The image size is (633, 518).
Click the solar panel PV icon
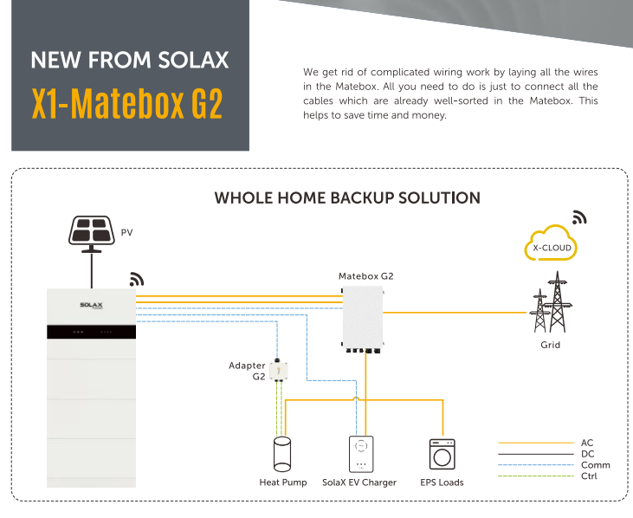point(91,231)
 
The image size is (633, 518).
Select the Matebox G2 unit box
point(368,314)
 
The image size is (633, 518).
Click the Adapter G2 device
point(279,371)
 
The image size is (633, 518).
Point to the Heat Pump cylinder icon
point(282,454)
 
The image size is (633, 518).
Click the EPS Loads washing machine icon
point(442,454)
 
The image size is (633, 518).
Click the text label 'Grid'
point(550,345)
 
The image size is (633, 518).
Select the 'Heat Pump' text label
point(282,482)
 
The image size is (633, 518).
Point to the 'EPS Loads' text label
point(442,482)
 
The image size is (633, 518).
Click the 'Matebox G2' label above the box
point(365,276)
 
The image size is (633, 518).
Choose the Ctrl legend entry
point(588,476)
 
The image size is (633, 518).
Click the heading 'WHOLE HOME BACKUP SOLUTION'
point(346,198)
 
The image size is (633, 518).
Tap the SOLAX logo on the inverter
point(91,305)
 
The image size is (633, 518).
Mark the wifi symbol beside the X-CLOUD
point(579,217)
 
